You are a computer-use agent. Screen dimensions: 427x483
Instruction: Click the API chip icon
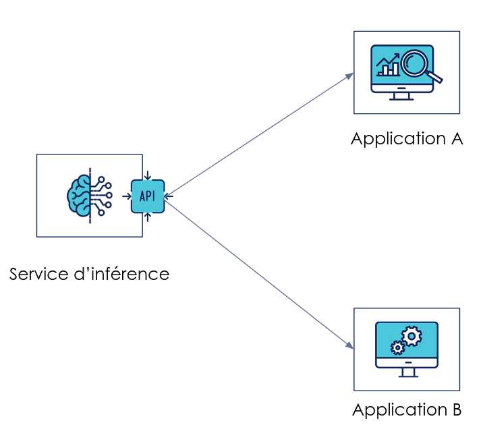pyautogui.click(x=148, y=196)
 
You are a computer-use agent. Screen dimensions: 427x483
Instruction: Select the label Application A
pyautogui.click(x=407, y=139)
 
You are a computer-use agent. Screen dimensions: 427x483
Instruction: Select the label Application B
pyautogui.click(x=407, y=409)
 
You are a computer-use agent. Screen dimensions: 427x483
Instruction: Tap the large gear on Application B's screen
pyautogui.click(x=411, y=335)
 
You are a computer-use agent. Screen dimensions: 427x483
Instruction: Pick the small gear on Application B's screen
pyautogui.click(x=397, y=347)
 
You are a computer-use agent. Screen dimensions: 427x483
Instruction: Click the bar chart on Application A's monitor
pyautogui.click(x=387, y=68)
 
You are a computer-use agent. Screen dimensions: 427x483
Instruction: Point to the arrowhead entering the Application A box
pyautogui.click(x=350, y=74)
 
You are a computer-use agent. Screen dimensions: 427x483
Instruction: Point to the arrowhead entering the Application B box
pyautogui.click(x=350, y=346)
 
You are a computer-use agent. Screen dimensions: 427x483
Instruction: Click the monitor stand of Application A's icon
pyautogui.click(x=402, y=95)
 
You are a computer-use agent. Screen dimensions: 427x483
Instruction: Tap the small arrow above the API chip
pyautogui.click(x=148, y=176)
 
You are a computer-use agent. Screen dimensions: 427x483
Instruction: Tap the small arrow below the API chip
pyautogui.click(x=148, y=217)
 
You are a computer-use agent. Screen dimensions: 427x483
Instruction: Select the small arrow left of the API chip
pyautogui.click(x=126, y=196)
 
